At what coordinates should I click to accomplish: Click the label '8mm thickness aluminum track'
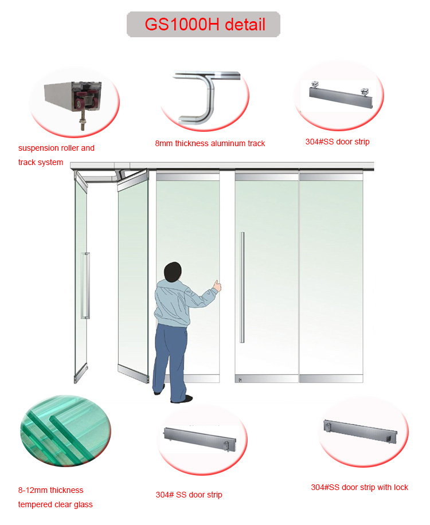pyautogui.click(x=210, y=143)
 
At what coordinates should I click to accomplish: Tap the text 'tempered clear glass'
pyautogui.click(x=55, y=504)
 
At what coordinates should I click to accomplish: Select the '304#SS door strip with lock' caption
pyautogui.click(x=359, y=487)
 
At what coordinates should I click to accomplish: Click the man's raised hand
pyautogui.click(x=217, y=284)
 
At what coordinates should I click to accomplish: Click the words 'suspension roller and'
pyautogui.click(x=56, y=148)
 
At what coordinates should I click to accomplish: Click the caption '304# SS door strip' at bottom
pyautogui.click(x=189, y=495)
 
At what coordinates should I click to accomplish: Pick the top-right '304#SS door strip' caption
pyautogui.click(x=337, y=142)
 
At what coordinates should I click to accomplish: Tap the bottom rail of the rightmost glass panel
pyautogui.click(x=331, y=378)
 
